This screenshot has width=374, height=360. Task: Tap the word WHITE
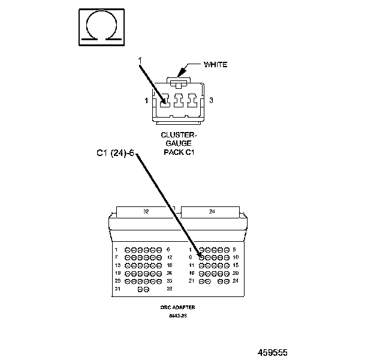(x=216, y=64)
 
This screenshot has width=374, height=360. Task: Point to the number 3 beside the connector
(x=212, y=100)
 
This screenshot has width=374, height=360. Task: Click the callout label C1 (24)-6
(x=117, y=153)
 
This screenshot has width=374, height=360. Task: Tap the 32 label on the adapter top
(x=146, y=211)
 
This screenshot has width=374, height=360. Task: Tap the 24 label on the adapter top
(x=212, y=211)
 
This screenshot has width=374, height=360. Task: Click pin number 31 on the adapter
(x=117, y=289)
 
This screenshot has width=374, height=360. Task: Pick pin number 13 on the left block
(x=118, y=265)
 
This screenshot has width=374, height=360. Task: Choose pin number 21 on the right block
(x=191, y=281)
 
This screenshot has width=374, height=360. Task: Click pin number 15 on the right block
(x=236, y=265)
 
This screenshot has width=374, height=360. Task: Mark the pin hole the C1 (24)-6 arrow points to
(x=201, y=257)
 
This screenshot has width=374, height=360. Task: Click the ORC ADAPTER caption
(x=178, y=307)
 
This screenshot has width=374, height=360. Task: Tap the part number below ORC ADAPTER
(x=178, y=315)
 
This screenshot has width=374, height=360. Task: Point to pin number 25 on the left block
(x=118, y=280)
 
